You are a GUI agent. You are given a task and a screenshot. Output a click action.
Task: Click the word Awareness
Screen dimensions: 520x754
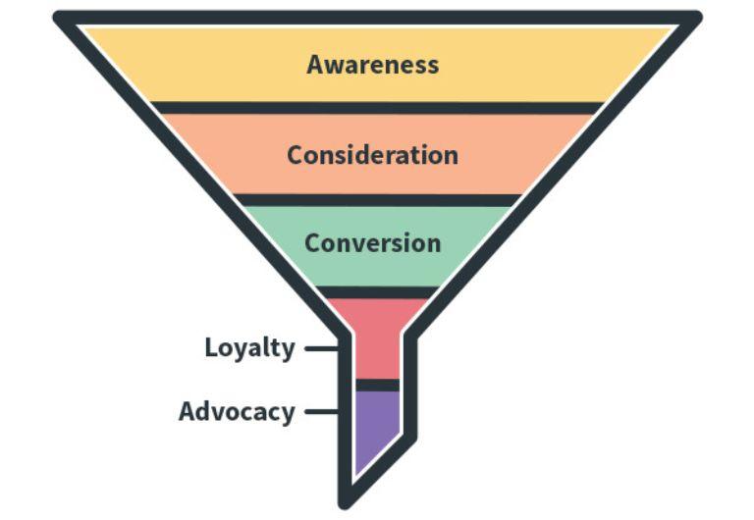click(372, 65)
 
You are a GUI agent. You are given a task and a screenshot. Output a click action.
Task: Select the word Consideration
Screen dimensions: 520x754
click(372, 155)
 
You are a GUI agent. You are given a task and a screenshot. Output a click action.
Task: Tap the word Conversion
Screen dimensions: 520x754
click(372, 242)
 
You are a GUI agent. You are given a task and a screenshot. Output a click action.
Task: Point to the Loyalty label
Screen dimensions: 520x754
click(249, 348)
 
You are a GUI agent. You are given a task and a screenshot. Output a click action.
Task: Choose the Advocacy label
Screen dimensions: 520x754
click(237, 412)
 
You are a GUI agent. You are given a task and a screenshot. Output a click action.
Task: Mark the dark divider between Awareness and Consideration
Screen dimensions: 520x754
click(377, 108)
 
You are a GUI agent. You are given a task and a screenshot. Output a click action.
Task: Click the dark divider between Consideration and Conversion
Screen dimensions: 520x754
click(377, 200)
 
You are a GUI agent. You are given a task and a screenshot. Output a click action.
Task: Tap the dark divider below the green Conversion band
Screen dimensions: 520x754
click(377, 291)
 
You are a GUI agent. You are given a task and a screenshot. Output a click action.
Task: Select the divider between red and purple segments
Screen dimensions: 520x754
click(374, 385)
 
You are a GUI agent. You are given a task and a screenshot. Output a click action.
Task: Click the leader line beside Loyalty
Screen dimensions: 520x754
click(319, 348)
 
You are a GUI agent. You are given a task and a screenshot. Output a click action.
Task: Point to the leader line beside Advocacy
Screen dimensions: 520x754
click(319, 412)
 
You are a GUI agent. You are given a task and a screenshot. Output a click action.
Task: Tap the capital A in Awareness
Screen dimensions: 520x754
click(316, 65)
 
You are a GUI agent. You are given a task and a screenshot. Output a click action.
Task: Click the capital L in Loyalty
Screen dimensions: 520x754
click(211, 348)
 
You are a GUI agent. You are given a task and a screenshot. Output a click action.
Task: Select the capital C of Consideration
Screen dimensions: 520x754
click(296, 155)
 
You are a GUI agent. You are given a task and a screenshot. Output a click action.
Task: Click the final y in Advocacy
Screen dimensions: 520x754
click(287, 414)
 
